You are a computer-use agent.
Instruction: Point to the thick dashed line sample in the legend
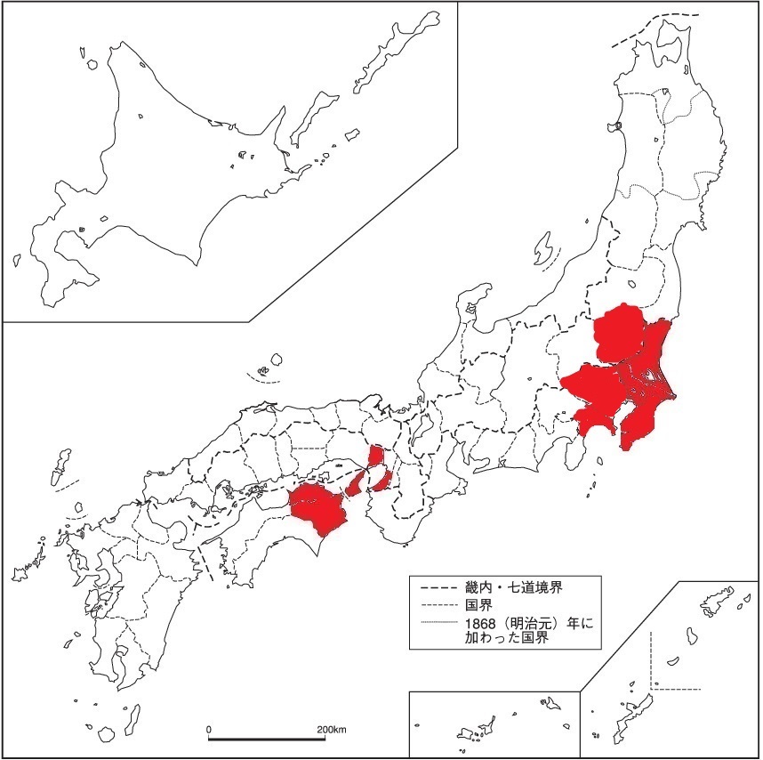(x=435, y=587)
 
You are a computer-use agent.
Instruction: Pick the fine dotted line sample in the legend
(x=435, y=623)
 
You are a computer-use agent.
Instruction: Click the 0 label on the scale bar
(x=209, y=730)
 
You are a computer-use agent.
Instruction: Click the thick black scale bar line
(x=267, y=739)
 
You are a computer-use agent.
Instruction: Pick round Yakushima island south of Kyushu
(x=107, y=734)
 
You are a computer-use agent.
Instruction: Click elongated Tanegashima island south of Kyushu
(x=135, y=714)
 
